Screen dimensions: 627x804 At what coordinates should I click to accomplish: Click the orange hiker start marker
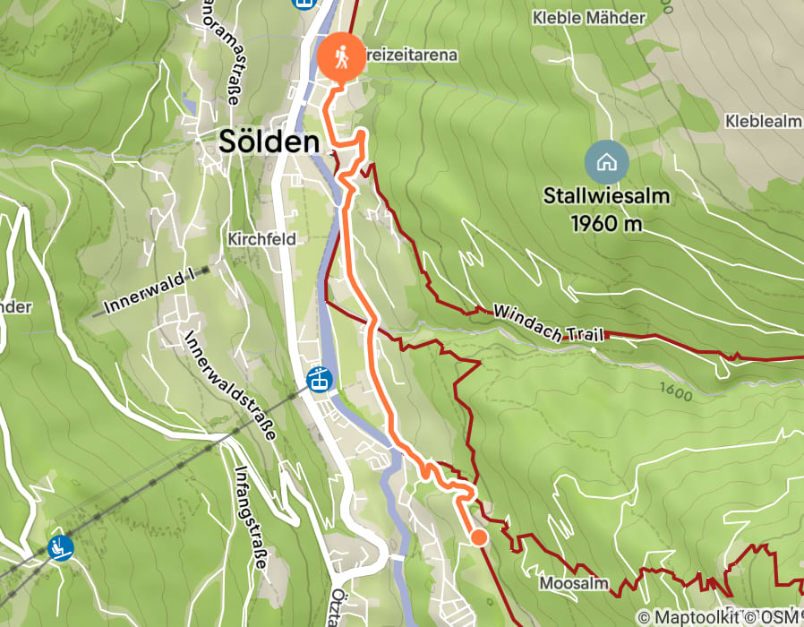click(340, 58)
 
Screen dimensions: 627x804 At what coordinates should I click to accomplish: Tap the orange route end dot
click(479, 537)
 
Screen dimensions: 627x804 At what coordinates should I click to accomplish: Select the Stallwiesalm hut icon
click(606, 162)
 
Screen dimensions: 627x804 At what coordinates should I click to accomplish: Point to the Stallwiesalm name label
click(607, 195)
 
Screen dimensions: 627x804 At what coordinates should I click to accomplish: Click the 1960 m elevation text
click(607, 223)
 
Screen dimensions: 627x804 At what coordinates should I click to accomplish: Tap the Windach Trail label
click(550, 324)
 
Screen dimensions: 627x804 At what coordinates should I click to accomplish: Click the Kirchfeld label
click(261, 240)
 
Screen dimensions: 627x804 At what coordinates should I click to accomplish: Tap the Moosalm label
click(574, 583)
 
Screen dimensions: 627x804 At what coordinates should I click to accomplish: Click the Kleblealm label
click(763, 121)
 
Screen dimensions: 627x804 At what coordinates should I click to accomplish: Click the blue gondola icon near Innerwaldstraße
click(318, 379)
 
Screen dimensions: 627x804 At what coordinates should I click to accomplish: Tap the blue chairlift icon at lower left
click(61, 546)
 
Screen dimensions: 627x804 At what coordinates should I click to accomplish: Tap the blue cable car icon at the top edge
click(305, 3)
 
